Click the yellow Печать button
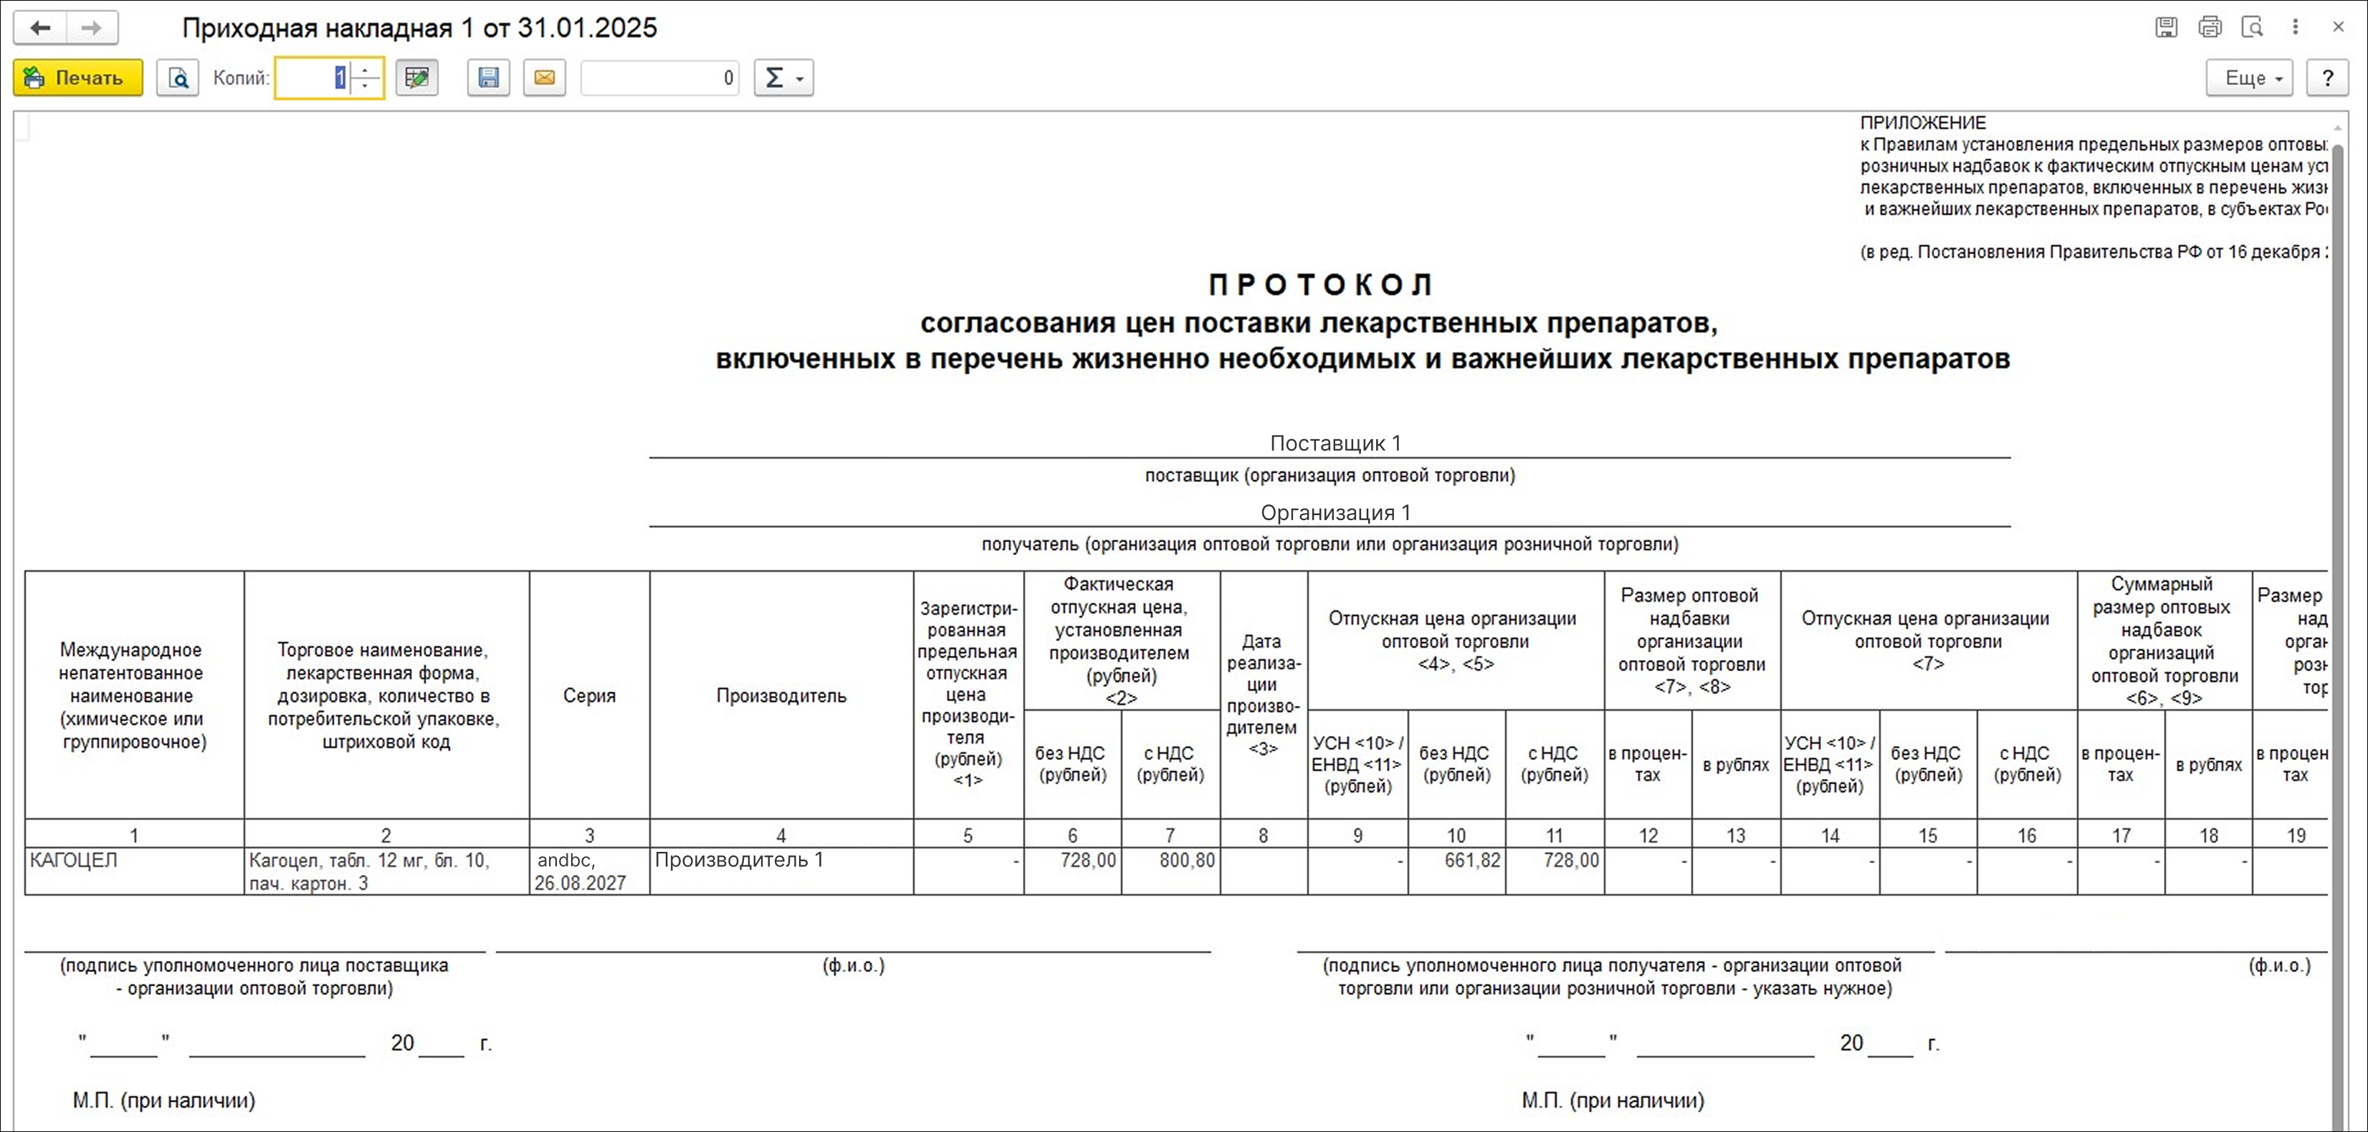78,78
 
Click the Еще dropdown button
2248,78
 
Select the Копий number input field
312,78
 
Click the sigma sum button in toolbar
783,78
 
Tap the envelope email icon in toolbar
544,78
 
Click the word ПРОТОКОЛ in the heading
1320,285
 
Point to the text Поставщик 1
1335,443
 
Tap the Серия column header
589,696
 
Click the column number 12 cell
1648,835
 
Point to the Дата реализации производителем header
1263,695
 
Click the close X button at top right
2339,27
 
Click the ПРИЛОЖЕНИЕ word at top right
1922,123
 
